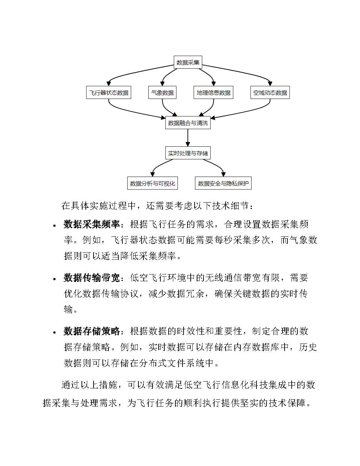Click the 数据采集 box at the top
pos(188,62)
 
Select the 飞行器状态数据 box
pos(108,93)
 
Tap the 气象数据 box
pos(162,93)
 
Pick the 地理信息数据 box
pos(213,93)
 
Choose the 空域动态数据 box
pos(270,93)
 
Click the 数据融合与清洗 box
pos(188,123)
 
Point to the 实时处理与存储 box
pos(188,153)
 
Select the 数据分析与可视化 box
pos(152,184)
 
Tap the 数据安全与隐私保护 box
pos(223,184)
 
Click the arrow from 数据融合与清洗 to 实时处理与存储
pos(188,138)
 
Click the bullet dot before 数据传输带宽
pos(54,279)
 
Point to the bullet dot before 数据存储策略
pos(54,333)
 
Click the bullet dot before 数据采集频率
pos(54,226)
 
